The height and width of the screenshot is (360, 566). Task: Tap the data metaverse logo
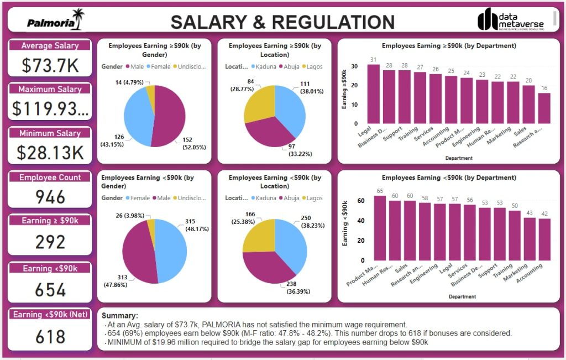pyautogui.click(x=510, y=20)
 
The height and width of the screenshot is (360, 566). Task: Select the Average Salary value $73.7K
pyautogui.click(x=50, y=65)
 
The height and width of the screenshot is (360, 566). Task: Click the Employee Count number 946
pyautogui.click(x=50, y=197)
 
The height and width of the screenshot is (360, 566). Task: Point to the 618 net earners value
pyautogui.click(x=50, y=336)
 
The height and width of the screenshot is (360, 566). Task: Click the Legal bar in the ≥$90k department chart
pyautogui.click(x=374, y=94)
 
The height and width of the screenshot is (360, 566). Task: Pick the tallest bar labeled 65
pyautogui.click(x=380, y=228)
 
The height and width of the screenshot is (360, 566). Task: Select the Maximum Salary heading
pyautogui.click(x=50, y=89)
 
